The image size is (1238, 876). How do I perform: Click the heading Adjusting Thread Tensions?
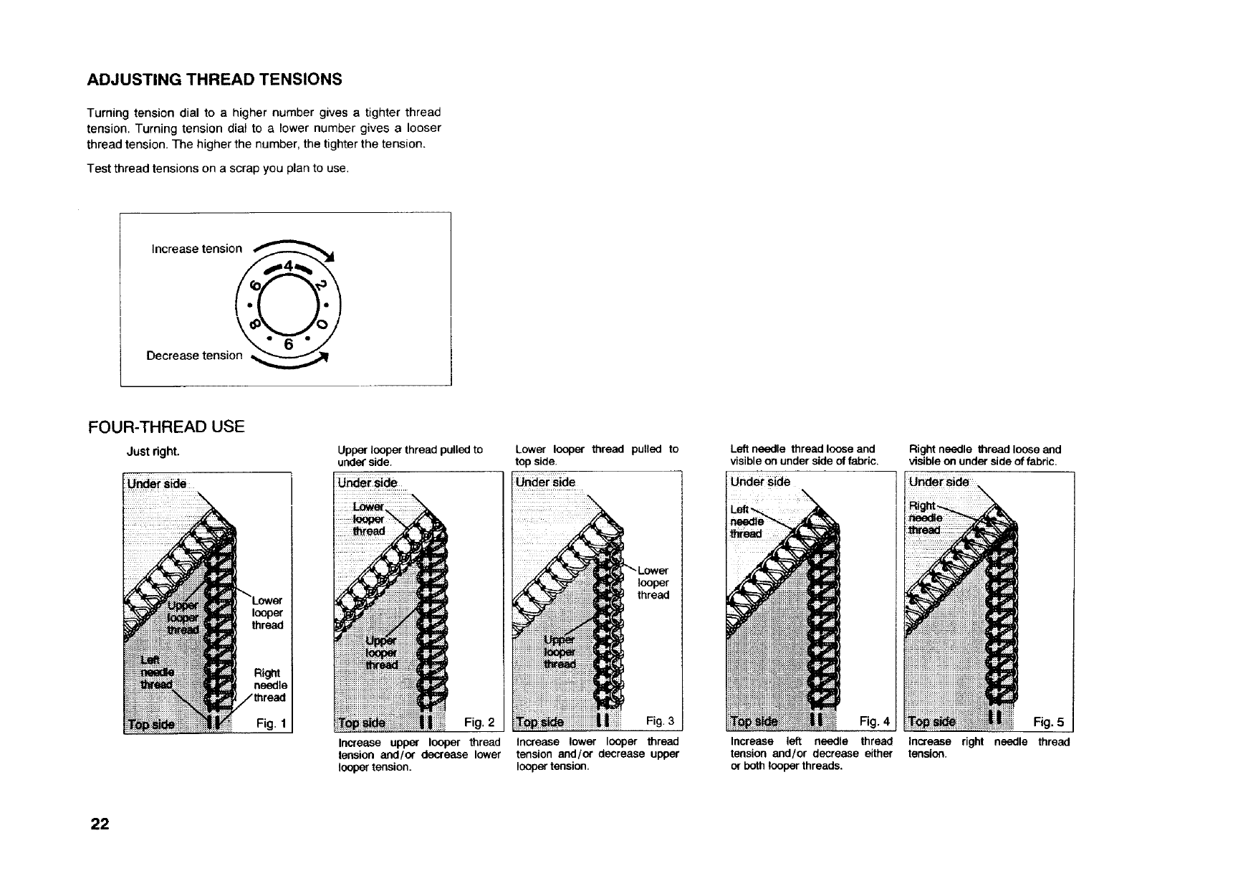(x=214, y=80)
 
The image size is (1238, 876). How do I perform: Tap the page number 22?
(x=99, y=824)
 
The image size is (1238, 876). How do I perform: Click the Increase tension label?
(x=197, y=249)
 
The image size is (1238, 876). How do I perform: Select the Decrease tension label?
(x=194, y=356)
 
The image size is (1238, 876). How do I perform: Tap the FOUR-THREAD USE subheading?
(x=166, y=427)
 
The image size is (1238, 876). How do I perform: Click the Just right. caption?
(x=153, y=452)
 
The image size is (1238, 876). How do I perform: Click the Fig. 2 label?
(x=479, y=722)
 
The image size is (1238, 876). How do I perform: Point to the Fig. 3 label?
(x=660, y=720)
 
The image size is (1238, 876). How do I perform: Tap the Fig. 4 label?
(x=873, y=721)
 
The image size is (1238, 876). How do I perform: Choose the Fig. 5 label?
(x=1049, y=723)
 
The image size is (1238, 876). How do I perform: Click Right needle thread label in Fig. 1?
(x=270, y=685)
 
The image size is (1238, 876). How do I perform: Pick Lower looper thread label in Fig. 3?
(x=653, y=583)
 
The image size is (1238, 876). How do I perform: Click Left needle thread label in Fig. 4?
(x=746, y=522)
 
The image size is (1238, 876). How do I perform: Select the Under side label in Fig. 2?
(x=368, y=483)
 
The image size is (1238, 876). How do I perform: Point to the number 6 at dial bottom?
(x=289, y=345)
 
